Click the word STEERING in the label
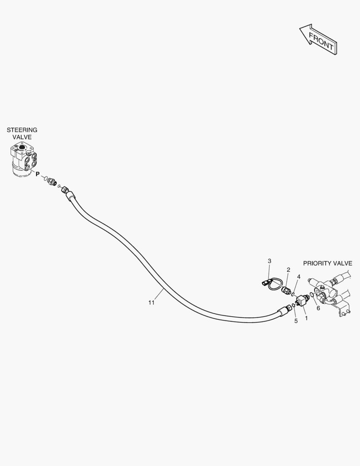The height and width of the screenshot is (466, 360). click(22, 130)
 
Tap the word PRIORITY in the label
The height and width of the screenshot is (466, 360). click(316, 263)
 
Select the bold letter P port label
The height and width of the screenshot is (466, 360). click(38, 174)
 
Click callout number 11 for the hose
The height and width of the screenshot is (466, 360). click(151, 302)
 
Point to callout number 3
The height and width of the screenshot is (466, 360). click(269, 261)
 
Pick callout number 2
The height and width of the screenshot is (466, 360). click(288, 270)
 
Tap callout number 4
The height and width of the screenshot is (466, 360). click(299, 277)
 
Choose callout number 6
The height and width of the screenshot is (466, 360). click(319, 308)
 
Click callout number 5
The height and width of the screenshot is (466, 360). click(296, 321)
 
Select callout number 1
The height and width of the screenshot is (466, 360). click(306, 318)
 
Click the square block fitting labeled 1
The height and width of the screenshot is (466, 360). click(303, 300)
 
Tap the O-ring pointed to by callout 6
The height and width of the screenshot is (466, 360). click(312, 295)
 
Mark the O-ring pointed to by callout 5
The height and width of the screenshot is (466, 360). click(294, 305)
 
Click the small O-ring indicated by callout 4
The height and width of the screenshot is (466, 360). click(293, 295)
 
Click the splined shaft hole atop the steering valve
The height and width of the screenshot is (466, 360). click(22, 146)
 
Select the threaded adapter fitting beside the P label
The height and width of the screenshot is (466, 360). click(52, 181)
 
